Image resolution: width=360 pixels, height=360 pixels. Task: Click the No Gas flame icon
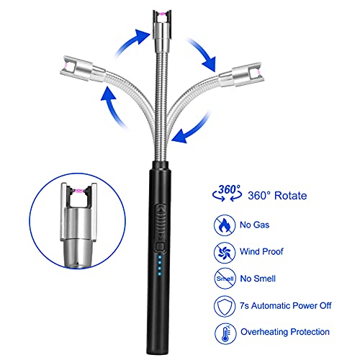225,225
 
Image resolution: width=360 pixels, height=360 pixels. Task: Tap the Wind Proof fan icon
225,252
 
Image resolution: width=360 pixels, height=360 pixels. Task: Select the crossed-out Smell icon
225,279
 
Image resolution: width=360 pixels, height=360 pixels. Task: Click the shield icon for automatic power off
225,306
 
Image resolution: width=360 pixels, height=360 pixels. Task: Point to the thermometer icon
225,333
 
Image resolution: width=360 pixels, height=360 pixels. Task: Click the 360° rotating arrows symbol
227,193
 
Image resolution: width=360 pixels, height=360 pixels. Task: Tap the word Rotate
291,196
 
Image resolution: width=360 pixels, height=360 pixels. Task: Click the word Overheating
264,332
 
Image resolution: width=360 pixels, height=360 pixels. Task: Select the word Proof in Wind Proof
272,251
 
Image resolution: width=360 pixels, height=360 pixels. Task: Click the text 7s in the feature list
244,306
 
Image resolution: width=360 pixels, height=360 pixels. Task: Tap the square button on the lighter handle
160,246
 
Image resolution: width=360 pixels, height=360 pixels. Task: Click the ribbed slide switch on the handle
161,222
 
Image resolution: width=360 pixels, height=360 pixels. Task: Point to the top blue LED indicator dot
160,257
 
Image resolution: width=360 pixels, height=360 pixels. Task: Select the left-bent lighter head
81,68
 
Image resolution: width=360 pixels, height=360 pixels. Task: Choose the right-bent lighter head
240,74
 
